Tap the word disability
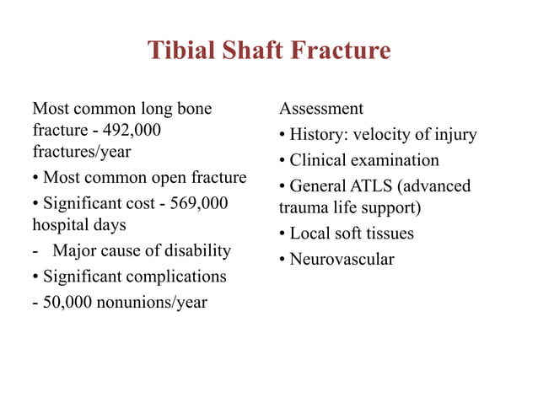click(191, 250)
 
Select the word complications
click(176, 276)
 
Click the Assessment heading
click(321, 109)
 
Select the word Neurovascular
click(342, 259)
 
